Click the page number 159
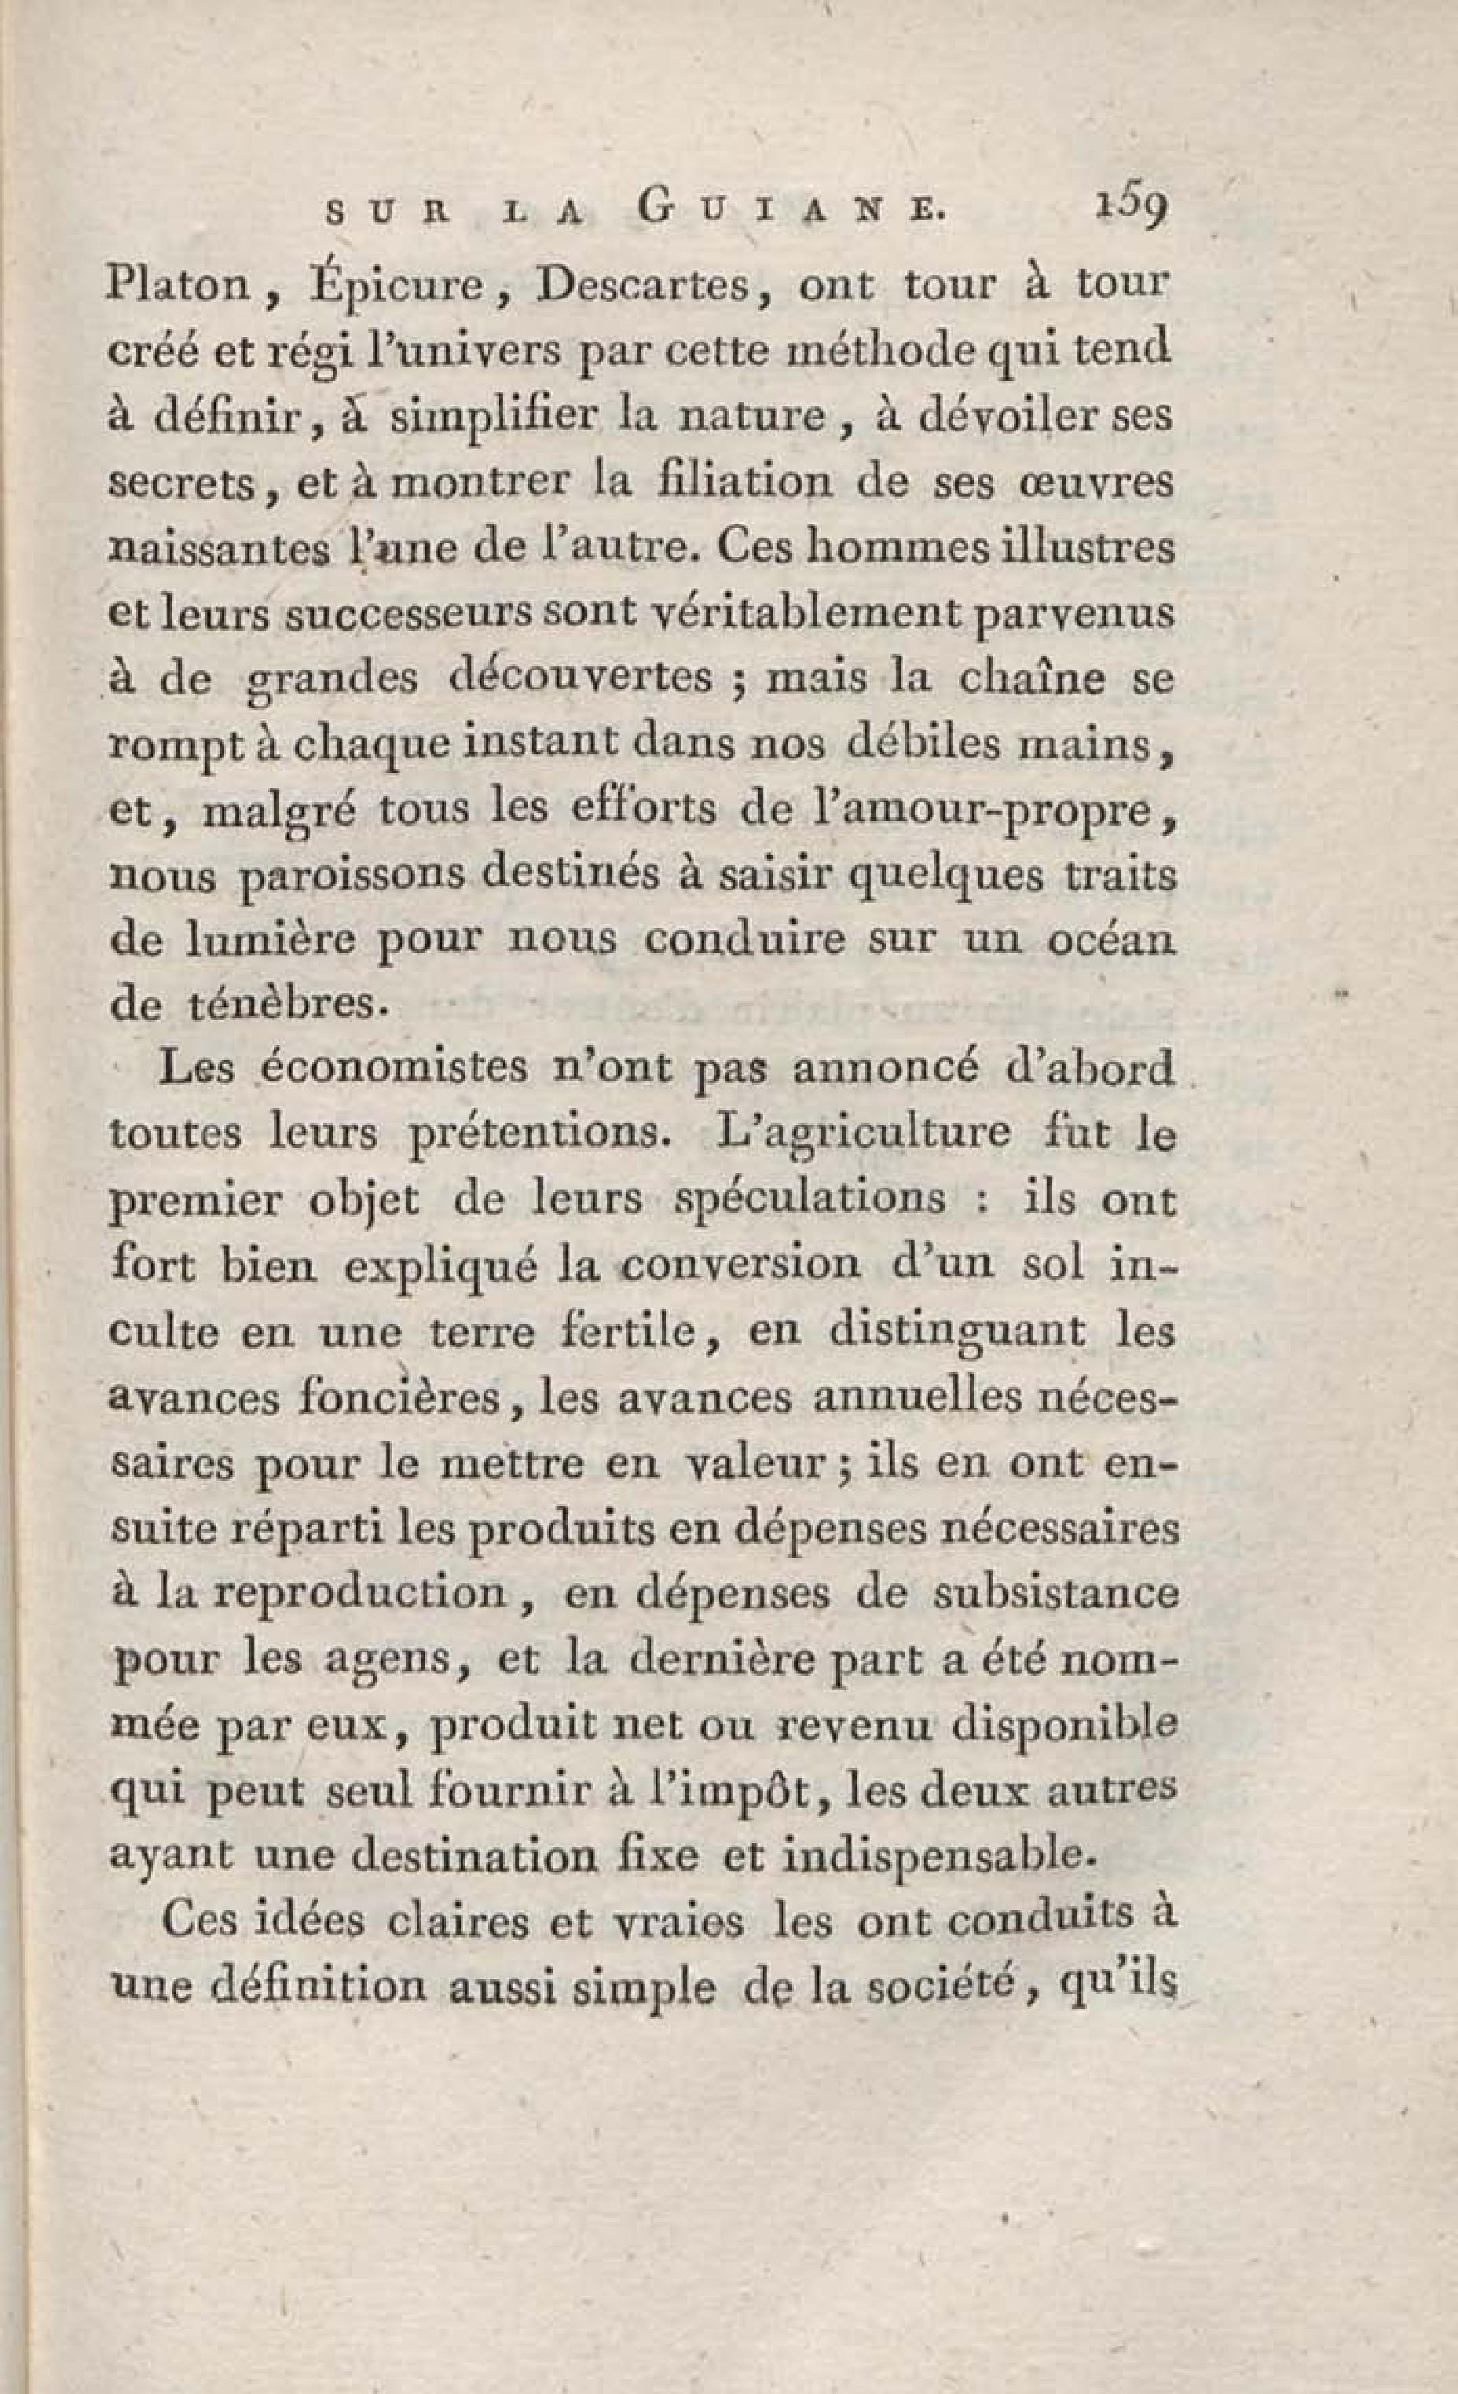[x=1130, y=209]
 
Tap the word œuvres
[x=1093, y=483]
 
